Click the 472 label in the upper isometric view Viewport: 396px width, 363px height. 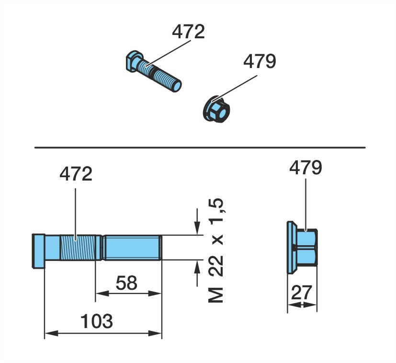click(188, 32)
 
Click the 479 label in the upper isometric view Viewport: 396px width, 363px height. click(260, 61)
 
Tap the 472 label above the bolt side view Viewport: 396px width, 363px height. click(76, 174)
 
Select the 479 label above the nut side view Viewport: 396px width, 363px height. click(305, 168)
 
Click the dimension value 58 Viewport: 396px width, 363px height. click(126, 283)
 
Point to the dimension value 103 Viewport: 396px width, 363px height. click(96, 321)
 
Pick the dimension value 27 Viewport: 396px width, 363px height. click(302, 292)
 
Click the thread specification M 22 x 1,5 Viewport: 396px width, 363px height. click(216, 250)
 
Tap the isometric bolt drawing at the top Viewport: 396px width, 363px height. click(153, 71)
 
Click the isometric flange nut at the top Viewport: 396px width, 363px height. click(216, 110)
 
